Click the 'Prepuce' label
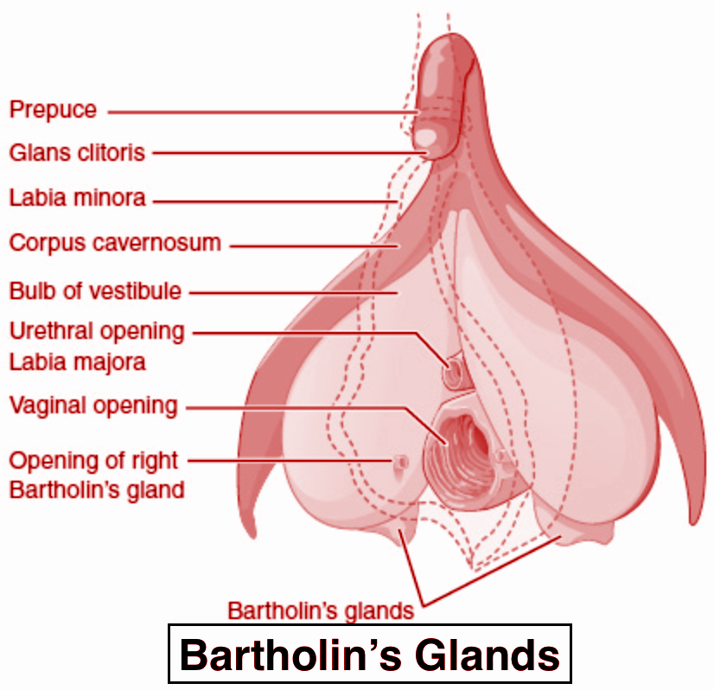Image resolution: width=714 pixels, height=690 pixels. coord(54,110)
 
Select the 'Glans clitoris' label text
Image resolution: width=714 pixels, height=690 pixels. coord(78,152)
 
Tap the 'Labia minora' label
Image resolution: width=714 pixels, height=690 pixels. coord(78,198)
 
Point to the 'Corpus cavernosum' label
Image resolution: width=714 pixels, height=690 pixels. coord(115,243)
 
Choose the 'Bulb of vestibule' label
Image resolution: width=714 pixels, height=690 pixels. coord(95,291)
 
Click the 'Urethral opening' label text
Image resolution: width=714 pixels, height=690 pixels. coord(97,332)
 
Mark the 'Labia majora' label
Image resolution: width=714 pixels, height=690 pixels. coord(78,362)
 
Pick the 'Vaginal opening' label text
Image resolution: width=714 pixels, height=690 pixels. coord(93,406)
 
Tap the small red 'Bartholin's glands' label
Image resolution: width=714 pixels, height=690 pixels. coord(321,611)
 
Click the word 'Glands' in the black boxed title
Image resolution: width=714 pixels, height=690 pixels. coord(488,655)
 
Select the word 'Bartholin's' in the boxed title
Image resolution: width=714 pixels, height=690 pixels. coord(290,655)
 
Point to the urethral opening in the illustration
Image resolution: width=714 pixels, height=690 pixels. coord(454,374)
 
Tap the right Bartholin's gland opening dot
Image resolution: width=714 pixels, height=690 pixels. coord(401,462)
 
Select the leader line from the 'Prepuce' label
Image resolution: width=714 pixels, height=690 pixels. coord(263,112)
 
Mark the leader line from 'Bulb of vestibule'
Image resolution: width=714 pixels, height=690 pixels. coord(294,293)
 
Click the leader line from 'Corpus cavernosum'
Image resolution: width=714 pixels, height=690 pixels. coord(314,246)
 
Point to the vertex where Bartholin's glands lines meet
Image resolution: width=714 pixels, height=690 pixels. coord(424,605)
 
